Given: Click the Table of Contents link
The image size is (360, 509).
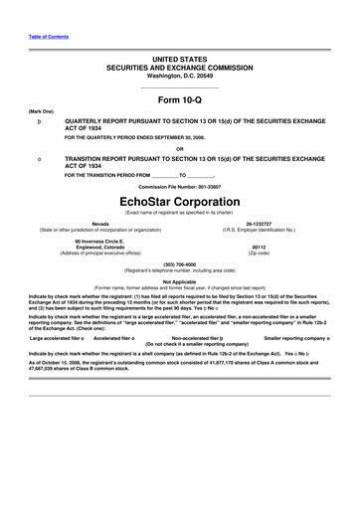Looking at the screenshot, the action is (x=49, y=36).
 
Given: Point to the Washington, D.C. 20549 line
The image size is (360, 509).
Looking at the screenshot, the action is (x=180, y=76).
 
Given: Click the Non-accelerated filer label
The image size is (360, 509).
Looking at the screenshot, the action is (x=203, y=310).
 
